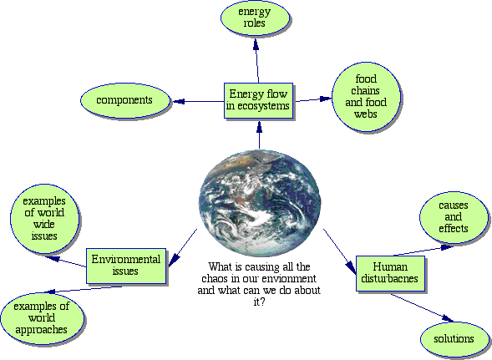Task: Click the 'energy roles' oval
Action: [255, 18]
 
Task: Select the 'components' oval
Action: [125, 100]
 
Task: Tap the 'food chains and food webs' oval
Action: [366, 97]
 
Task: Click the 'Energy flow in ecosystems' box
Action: [258, 100]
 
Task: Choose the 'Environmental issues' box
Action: [126, 266]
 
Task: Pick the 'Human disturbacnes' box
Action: [390, 273]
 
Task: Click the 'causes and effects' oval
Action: [454, 217]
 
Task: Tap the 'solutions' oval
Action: [454, 339]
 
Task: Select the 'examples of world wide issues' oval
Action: [44, 219]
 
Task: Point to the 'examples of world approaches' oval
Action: [42, 318]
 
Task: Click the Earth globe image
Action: [260, 203]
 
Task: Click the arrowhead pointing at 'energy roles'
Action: [256, 44]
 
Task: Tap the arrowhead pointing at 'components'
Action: [179, 101]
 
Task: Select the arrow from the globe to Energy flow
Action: [259, 135]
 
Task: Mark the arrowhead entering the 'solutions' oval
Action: [448, 318]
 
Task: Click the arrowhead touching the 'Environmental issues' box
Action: [174, 261]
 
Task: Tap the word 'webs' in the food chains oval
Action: [366, 114]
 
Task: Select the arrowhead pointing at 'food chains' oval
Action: [326, 99]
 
